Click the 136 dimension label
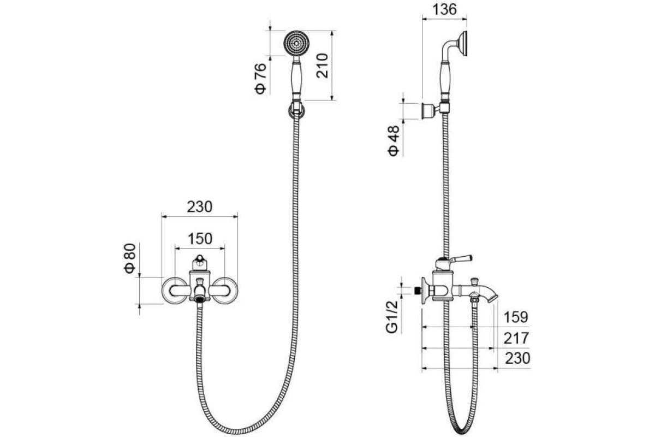(x=444, y=9)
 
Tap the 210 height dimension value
(x=322, y=66)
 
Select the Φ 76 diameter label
(x=260, y=79)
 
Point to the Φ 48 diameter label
(x=394, y=141)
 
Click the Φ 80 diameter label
(x=130, y=258)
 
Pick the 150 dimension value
(x=200, y=239)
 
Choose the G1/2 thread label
(x=392, y=317)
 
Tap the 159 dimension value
(x=516, y=317)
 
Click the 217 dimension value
(x=516, y=338)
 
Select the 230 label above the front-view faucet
(x=200, y=207)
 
